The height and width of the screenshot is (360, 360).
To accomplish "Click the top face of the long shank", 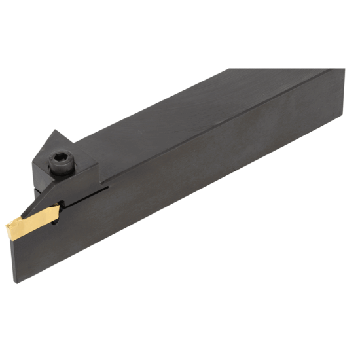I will point(216,105).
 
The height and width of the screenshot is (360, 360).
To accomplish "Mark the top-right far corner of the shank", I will point(344,67).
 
